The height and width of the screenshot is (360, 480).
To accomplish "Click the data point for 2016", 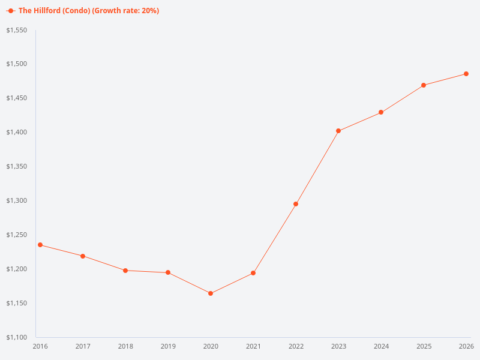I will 40,245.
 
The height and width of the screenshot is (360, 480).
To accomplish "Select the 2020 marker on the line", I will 211,293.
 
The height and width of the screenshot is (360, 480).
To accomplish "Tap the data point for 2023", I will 338,131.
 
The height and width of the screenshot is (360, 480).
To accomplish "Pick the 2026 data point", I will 466,74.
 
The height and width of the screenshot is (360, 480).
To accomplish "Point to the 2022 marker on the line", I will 296,204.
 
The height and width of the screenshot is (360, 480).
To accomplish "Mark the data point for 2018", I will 125,271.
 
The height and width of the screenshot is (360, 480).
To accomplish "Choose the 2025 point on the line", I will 424,85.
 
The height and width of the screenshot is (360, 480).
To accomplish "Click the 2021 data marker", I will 253,273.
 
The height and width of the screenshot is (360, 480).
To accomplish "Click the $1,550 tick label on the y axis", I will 17,30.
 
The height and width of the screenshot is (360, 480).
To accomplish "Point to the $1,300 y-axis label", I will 17,200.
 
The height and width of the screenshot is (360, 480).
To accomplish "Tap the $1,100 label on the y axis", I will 17,337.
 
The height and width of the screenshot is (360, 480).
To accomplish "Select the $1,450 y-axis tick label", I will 17,98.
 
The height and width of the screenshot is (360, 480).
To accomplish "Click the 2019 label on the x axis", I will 168,347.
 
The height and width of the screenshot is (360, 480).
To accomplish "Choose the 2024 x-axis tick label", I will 381,347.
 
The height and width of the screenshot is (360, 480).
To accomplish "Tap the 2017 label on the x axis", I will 83,347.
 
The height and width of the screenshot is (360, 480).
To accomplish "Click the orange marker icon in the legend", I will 11,11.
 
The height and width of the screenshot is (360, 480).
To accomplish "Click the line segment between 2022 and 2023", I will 317,167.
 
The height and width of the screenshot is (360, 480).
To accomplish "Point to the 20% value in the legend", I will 150,11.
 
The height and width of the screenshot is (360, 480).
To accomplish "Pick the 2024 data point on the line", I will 381,113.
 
